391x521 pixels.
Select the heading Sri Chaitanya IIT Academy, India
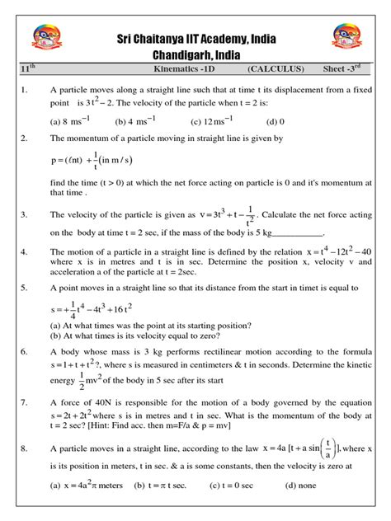pyautogui.click(x=195, y=39)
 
